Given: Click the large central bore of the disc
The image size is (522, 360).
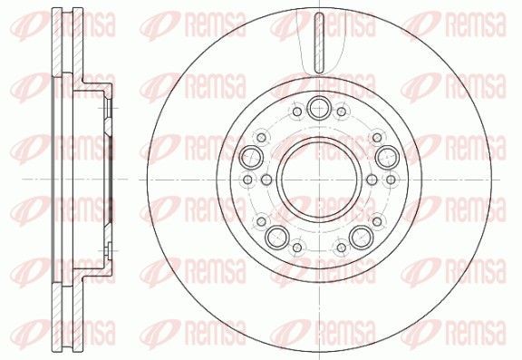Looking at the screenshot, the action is [319, 180].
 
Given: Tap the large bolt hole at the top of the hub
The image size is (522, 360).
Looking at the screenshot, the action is [319, 108].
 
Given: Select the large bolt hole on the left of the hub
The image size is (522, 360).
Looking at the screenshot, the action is [251, 157].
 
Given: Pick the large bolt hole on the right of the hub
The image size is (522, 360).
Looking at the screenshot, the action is [388, 157].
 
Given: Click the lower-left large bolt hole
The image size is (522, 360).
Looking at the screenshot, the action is [277, 237].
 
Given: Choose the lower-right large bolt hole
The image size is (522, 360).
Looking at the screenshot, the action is [362, 237].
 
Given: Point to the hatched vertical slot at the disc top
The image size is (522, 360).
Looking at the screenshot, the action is [319, 43].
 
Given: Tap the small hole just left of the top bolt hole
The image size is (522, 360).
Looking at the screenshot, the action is [297, 112].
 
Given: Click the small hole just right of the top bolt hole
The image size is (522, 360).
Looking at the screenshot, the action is [342, 112].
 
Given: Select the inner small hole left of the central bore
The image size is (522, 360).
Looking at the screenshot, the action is [266, 180].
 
